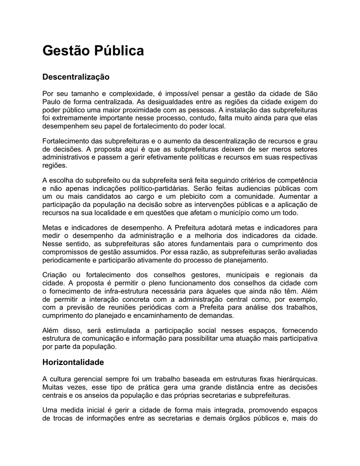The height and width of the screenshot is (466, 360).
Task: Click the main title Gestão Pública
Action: (93, 51)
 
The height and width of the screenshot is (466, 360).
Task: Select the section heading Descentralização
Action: (76, 77)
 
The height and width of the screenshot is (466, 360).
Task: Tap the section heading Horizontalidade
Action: (73, 362)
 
